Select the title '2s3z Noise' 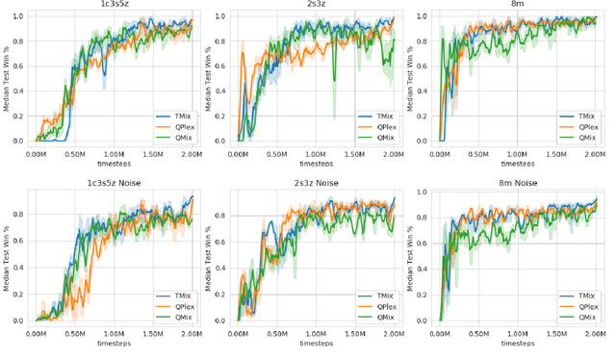pos(316,183)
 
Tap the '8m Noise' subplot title pos(518,183)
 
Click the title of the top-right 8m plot pos(518,6)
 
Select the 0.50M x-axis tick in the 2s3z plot pos(278,154)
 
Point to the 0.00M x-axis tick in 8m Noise pos(441,332)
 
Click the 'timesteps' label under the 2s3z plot pos(316,165)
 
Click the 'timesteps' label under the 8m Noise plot pos(518,343)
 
